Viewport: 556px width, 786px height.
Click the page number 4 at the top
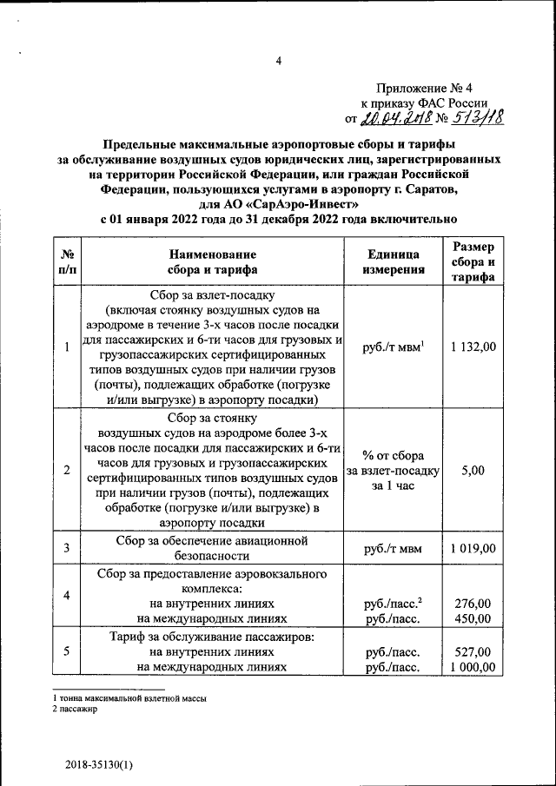click(x=279, y=60)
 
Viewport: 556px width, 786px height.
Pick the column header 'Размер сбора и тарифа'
click(x=473, y=261)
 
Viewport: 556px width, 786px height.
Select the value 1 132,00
click(x=473, y=347)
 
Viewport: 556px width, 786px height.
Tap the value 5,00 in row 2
click(x=473, y=470)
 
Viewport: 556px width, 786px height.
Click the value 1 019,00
click(x=473, y=548)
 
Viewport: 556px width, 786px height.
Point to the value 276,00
click(x=473, y=603)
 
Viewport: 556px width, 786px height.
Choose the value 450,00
click(x=473, y=618)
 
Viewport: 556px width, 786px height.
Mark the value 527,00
click(x=473, y=651)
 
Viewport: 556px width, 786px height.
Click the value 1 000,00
click(x=473, y=667)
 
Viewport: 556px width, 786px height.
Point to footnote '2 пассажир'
click(x=76, y=709)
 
